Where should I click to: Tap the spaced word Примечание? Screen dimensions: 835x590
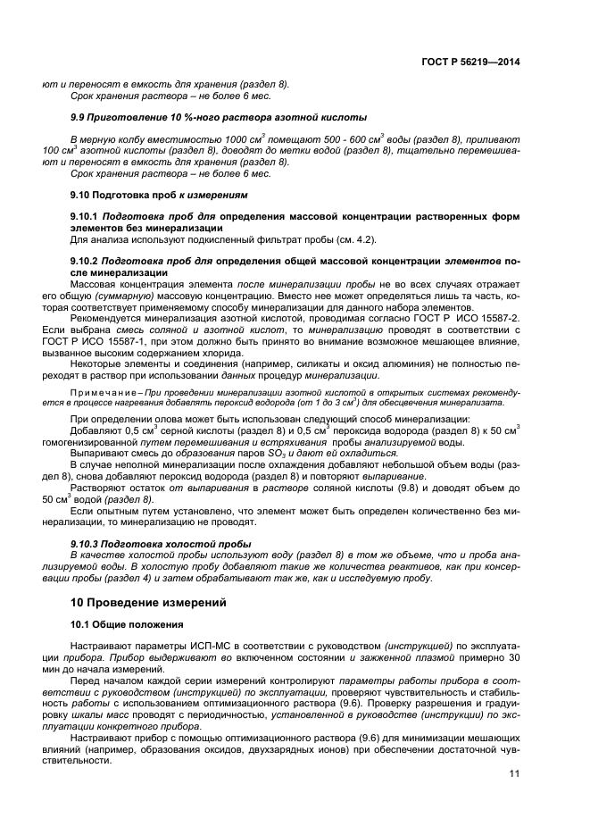coord(104,392)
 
